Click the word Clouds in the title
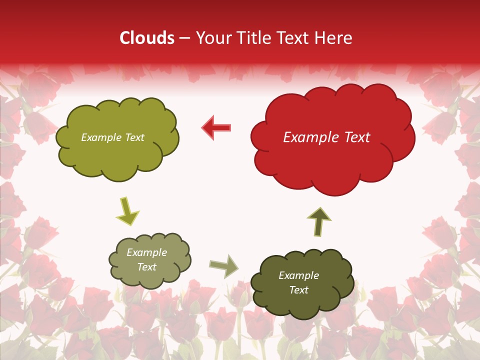[x=147, y=38]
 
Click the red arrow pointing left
[x=216, y=127]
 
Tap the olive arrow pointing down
[x=127, y=211]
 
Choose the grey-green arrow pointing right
[x=223, y=265]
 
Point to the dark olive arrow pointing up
[x=318, y=221]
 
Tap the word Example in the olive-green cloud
[x=101, y=137]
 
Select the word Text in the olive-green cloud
[x=134, y=137]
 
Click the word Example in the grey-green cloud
[x=146, y=252]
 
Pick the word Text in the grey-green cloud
[x=146, y=267]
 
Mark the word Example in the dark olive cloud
[x=298, y=275]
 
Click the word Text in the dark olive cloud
[x=298, y=290]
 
